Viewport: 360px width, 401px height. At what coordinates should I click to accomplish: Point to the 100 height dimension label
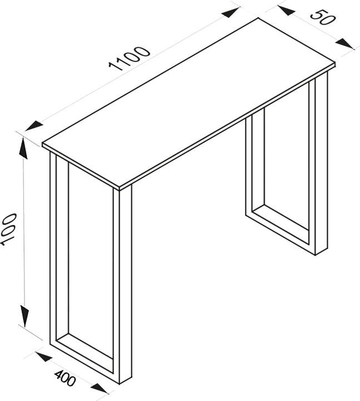[x=7, y=228]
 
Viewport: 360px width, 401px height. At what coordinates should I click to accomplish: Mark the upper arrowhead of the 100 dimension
[x=23, y=146]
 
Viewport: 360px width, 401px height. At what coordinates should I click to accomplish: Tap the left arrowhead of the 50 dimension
[x=286, y=10]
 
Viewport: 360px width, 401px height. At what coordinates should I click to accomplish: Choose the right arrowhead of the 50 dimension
[x=345, y=42]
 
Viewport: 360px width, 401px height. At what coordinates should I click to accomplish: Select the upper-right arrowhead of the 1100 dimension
[x=230, y=12]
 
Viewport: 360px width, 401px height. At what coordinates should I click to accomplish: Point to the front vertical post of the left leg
[x=125, y=284]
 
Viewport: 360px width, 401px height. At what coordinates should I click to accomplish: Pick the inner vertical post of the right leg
[x=249, y=167]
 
